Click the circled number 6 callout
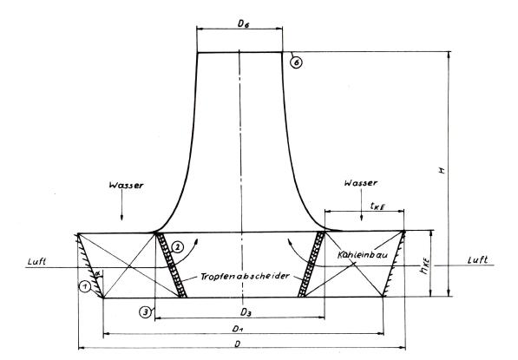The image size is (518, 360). pos(297,62)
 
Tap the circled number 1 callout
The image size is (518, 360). pos(85,286)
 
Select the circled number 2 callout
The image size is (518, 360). pos(177,246)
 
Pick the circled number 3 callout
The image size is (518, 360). pos(146,311)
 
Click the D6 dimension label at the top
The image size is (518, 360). pos(243,23)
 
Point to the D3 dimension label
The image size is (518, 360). pos(246,311)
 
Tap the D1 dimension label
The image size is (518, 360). pos(237,329)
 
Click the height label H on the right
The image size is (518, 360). pos(442,170)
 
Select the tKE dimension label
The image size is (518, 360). pos(377,206)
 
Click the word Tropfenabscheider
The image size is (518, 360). pos(245,276)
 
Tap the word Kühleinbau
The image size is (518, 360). pos(363,255)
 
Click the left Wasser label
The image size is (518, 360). pos(126,185)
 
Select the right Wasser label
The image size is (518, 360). pos(360,183)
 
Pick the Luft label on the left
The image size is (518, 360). pos(36,262)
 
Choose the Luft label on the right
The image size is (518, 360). pos(478,260)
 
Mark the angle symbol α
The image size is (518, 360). pos(97,273)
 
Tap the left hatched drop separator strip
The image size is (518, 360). pos(172,265)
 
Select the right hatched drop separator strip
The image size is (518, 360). pos(311,265)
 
